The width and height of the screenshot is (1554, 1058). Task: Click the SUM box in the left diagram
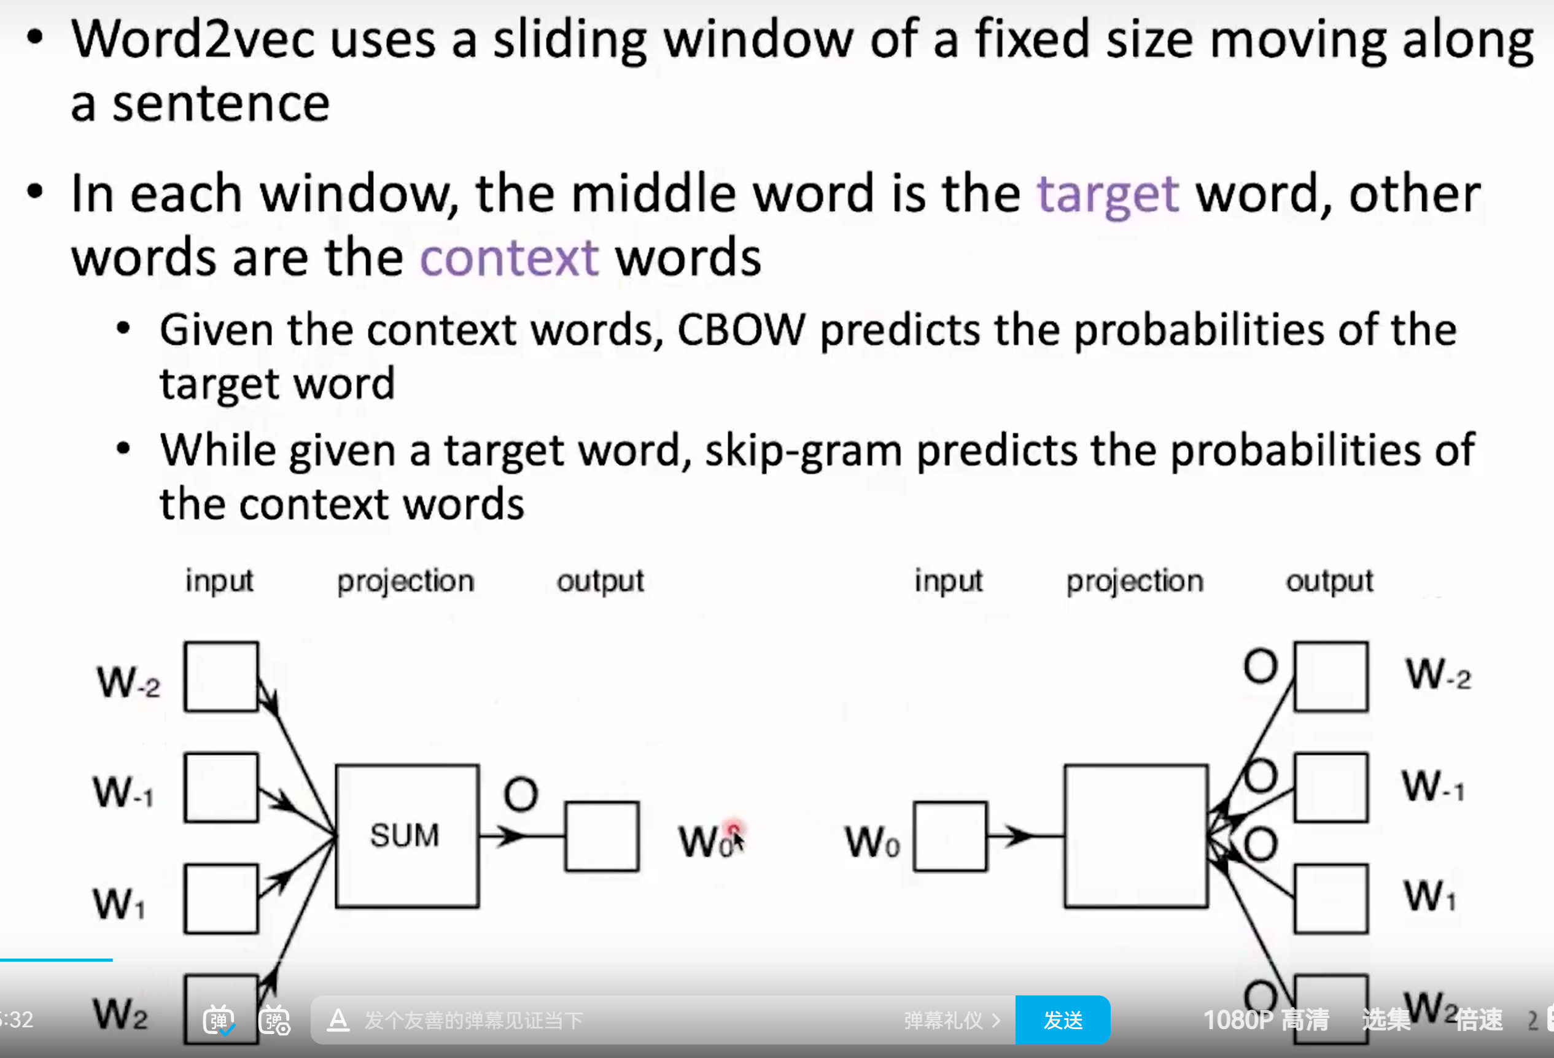tap(406, 835)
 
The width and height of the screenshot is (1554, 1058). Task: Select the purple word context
tap(509, 258)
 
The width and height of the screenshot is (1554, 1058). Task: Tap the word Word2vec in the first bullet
tap(193, 39)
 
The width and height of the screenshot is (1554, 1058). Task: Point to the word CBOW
tap(741, 330)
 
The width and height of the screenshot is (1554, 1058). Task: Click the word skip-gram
tap(803, 450)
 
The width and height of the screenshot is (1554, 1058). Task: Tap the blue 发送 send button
tap(1063, 1020)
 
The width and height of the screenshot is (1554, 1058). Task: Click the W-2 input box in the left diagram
tap(221, 676)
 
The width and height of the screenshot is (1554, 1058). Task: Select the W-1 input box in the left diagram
tap(221, 787)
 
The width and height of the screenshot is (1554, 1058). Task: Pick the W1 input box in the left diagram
tap(221, 899)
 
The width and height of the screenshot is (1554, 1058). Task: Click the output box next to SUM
tap(602, 836)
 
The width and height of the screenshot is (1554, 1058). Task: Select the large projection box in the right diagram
tap(1136, 835)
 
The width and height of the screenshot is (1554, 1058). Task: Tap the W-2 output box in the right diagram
tap(1331, 676)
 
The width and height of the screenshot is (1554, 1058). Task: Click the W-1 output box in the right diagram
tap(1331, 787)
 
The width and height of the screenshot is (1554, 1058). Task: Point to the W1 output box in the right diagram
tap(1331, 899)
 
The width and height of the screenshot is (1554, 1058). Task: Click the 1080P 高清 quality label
tap(1266, 1020)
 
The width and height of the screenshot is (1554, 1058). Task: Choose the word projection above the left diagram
tap(405, 581)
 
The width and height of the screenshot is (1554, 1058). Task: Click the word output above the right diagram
tap(1329, 581)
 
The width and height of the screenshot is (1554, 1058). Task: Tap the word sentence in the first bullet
tap(220, 104)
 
